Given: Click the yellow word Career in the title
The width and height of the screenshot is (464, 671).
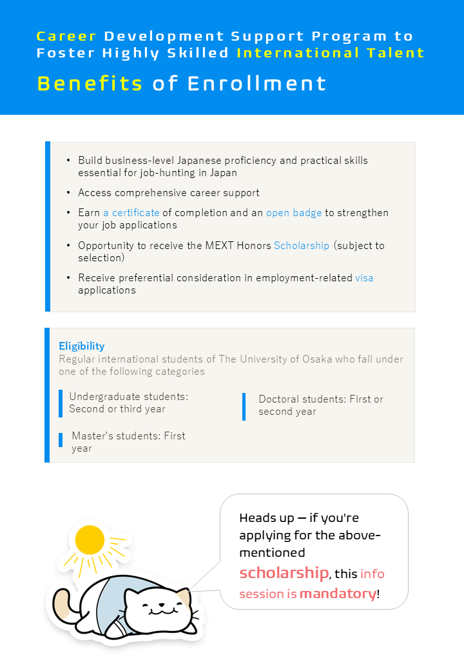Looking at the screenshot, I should tap(66, 36).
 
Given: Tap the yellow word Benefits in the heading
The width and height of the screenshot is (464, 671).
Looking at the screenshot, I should tap(90, 84).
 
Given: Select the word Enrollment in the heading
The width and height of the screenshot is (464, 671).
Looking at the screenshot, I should tap(257, 84).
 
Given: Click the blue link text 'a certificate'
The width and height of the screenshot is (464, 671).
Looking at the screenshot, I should tap(131, 213).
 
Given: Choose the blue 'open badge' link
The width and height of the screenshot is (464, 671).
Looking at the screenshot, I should tap(294, 213).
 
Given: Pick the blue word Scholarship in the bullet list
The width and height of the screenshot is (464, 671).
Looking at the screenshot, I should tap(302, 246).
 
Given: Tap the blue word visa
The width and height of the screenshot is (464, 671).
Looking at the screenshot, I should tap(364, 278).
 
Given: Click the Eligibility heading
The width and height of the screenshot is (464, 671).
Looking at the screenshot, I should tap(81, 346).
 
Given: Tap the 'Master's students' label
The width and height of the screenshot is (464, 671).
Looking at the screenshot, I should tap(128, 436).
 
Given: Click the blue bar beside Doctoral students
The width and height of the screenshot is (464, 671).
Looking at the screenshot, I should tap(244, 406).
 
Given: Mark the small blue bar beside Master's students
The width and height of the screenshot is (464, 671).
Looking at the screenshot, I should tap(61, 440).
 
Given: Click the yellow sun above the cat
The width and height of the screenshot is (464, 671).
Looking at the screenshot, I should tap(90, 539).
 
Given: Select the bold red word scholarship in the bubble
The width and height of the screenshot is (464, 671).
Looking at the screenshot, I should tap(284, 573).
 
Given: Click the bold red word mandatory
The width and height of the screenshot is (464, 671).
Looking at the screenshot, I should tap(338, 593).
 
